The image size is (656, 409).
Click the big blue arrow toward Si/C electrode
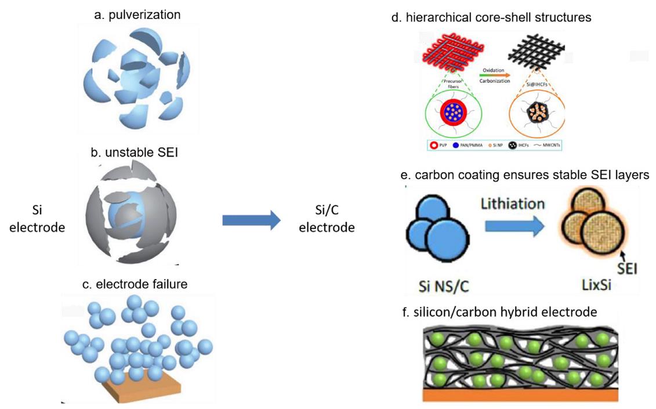click(251, 220)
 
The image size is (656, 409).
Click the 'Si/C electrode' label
click(326, 220)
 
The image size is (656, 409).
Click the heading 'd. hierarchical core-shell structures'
click(491, 17)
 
